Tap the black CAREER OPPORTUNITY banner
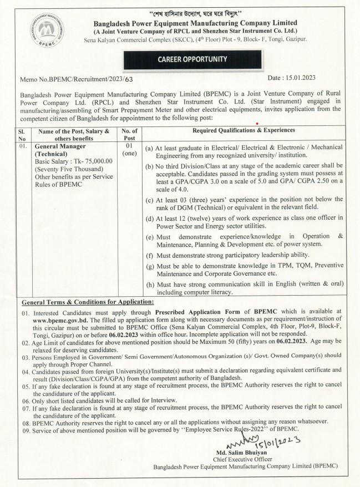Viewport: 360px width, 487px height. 183,59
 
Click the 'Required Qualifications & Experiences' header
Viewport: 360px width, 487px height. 244,130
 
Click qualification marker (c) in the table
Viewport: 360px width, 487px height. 149,199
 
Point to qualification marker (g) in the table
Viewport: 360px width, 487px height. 149,267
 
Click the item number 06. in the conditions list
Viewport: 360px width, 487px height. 26,400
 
